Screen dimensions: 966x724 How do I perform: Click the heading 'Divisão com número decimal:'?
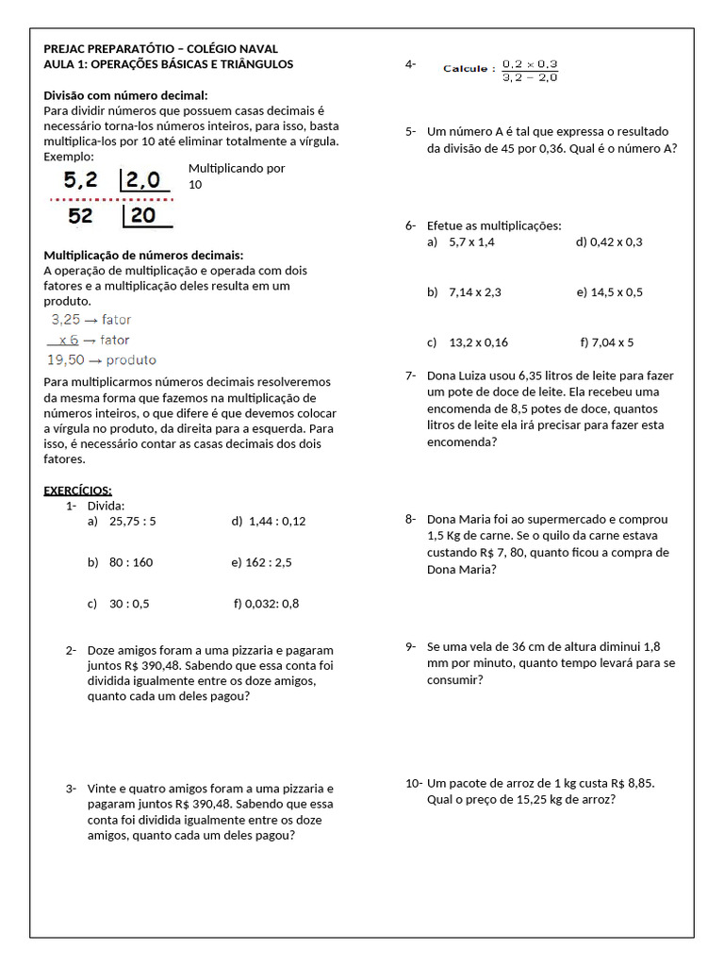(x=126, y=95)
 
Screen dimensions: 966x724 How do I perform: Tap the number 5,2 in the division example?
(x=80, y=180)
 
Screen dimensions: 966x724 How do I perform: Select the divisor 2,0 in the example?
(x=143, y=180)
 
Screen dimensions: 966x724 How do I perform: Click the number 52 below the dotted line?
(x=81, y=216)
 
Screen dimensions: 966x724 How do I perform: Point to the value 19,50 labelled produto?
(x=66, y=359)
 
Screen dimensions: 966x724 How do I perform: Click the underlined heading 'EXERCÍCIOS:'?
(x=78, y=490)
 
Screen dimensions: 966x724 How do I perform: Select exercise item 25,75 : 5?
(x=132, y=521)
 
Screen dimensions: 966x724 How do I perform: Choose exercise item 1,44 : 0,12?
(x=277, y=521)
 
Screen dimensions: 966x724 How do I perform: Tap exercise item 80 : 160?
(x=130, y=562)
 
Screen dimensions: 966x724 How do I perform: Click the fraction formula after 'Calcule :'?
(x=530, y=71)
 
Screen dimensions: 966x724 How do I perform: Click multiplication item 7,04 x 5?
(x=615, y=342)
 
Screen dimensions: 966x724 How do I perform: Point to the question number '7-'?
(x=411, y=375)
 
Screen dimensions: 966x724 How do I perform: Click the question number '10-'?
(x=414, y=783)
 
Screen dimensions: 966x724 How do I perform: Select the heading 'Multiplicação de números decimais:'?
(x=143, y=256)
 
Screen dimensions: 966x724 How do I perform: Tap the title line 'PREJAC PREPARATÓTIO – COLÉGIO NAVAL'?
(x=161, y=49)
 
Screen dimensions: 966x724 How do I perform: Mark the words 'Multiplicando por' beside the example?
(x=237, y=168)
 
